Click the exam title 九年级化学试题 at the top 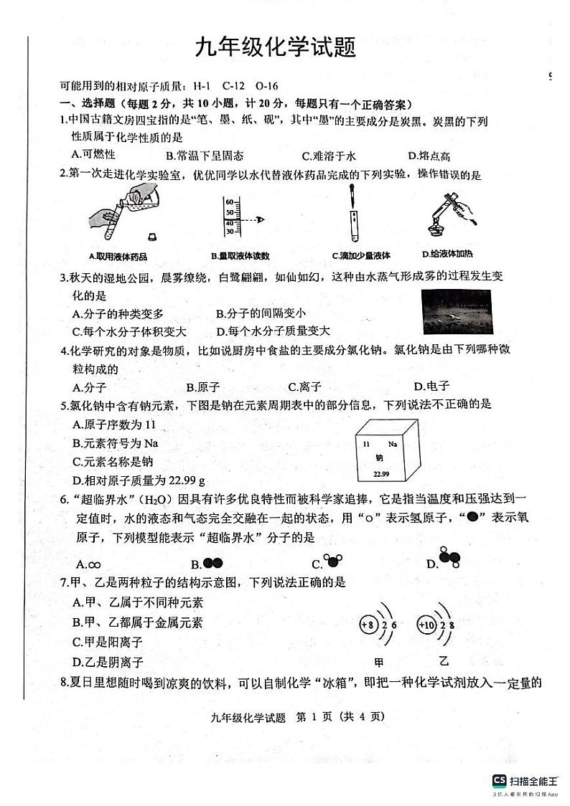click(276, 49)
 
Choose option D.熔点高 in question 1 click(429, 156)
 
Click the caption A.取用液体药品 click(117, 256)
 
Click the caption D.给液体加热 click(447, 254)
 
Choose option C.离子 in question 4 click(303, 387)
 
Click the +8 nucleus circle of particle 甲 click(368, 625)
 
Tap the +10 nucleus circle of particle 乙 click(426, 625)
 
